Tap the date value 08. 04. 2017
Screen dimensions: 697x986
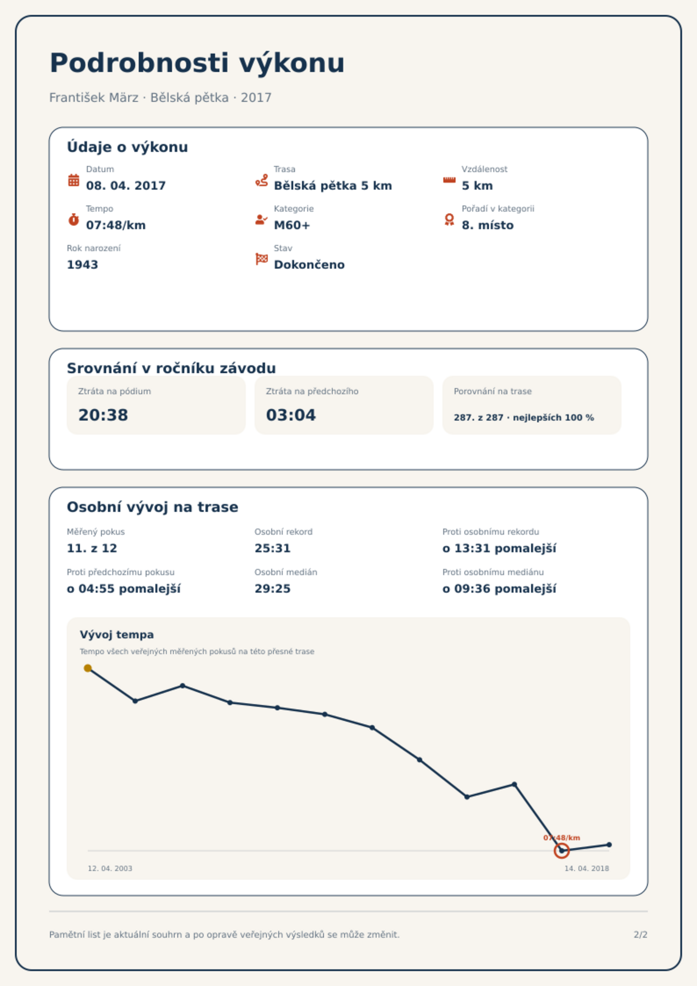click(x=126, y=186)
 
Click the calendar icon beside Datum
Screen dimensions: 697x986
click(x=74, y=180)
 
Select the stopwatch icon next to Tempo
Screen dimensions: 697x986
click(x=74, y=220)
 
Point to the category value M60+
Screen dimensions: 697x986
click(x=292, y=225)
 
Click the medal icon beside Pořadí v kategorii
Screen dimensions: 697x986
click(x=449, y=220)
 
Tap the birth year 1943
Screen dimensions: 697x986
click(x=83, y=265)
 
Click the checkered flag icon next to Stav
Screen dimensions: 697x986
click(x=262, y=259)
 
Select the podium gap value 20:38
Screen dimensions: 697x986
click(x=103, y=415)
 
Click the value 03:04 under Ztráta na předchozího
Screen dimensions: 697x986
click(x=291, y=415)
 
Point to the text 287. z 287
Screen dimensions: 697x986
click(x=478, y=417)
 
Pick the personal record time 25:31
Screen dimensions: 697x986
click(x=273, y=548)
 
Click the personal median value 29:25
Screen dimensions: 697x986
click(x=273, y=589)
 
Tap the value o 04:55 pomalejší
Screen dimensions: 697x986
click(x=124, y=589)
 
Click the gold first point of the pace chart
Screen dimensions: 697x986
click(x=88, y=668)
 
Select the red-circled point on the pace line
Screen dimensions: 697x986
click(x=562, y=851)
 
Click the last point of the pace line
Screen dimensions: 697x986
click(x=609, y=845)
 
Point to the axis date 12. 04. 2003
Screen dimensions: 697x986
click(x=110, y=868)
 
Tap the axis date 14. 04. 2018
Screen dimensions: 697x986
click(x=587, y=868)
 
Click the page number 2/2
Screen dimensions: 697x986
click(x=641, y=935)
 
